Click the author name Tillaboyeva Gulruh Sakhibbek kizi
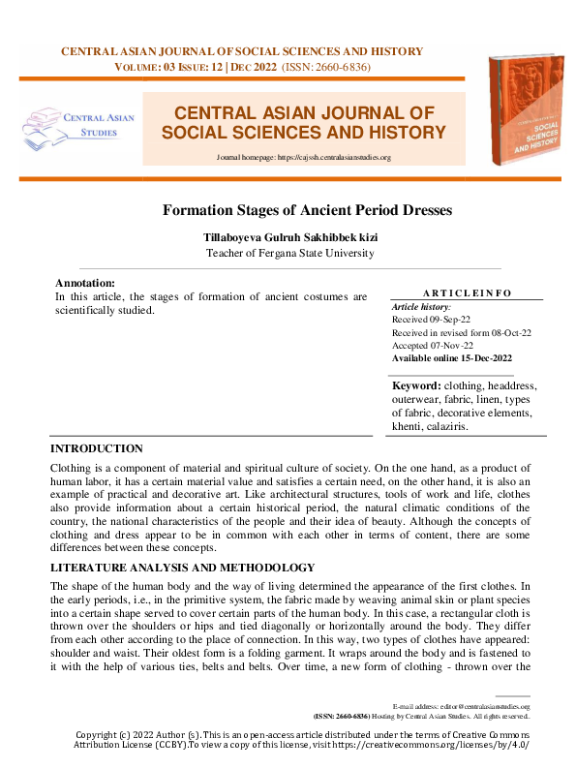click(288, 236)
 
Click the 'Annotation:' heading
click(85, 283)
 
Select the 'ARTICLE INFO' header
click(468, 292)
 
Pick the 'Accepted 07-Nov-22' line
click(433, 345)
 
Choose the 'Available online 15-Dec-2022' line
click(452, 358)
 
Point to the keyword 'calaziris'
click(444, 426)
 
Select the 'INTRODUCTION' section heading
click(97, 448)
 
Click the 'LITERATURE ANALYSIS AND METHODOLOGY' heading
click(182, 567)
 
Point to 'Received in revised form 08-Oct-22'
click(461, 332)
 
